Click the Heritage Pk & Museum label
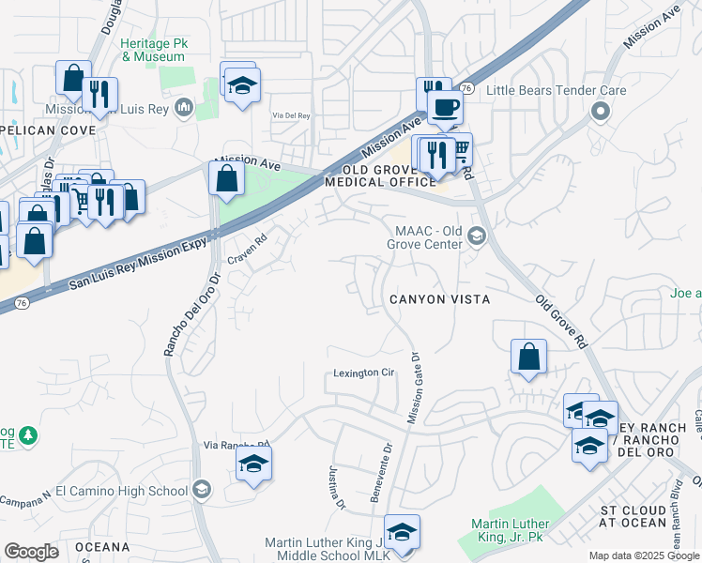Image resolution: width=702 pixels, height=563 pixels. pyautogui.click(x=152, y=50)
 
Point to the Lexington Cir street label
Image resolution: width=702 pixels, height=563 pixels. pyautogui.click(x=364, y=373)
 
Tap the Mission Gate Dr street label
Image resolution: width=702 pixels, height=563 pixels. pyautogui.click(x=413, y=388)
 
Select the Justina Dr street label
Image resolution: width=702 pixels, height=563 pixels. pyautogui.click(x=336, y=488)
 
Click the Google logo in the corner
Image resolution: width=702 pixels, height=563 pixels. pyautogui.click(x=31, y=552)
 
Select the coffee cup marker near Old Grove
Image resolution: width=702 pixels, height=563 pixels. pyautogui.click(x=444, y=106)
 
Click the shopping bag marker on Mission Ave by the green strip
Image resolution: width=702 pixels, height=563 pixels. pyautogui.click(x=227, y=178)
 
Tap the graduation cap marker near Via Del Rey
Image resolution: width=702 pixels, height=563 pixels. pyautogui.click(x=242, y=87)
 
